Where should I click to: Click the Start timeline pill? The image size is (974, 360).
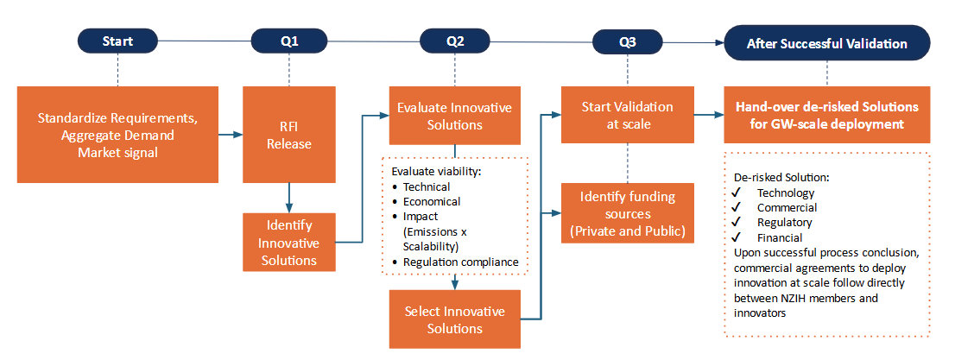(117, 41)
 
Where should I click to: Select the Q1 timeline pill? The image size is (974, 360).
(289, 41)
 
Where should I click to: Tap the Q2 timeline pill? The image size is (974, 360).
(455, 41)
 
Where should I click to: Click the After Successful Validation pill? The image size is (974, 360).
(826, 42)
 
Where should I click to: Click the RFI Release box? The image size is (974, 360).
(289, 134)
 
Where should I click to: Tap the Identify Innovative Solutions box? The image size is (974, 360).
(289, 241)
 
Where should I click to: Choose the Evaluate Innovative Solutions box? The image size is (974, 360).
(454, 115)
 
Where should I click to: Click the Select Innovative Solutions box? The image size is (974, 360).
(454, 319)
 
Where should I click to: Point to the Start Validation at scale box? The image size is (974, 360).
(627, 115)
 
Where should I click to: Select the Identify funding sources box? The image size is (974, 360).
(627, 213)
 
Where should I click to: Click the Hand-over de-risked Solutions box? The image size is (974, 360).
(826, 115)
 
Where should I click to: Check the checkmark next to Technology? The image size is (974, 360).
(736, 193)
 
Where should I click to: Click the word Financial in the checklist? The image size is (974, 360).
(780, 237)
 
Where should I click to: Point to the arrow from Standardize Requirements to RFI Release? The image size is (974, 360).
(230, 135)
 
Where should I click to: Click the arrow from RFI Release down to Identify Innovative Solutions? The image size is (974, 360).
(289, 197)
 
